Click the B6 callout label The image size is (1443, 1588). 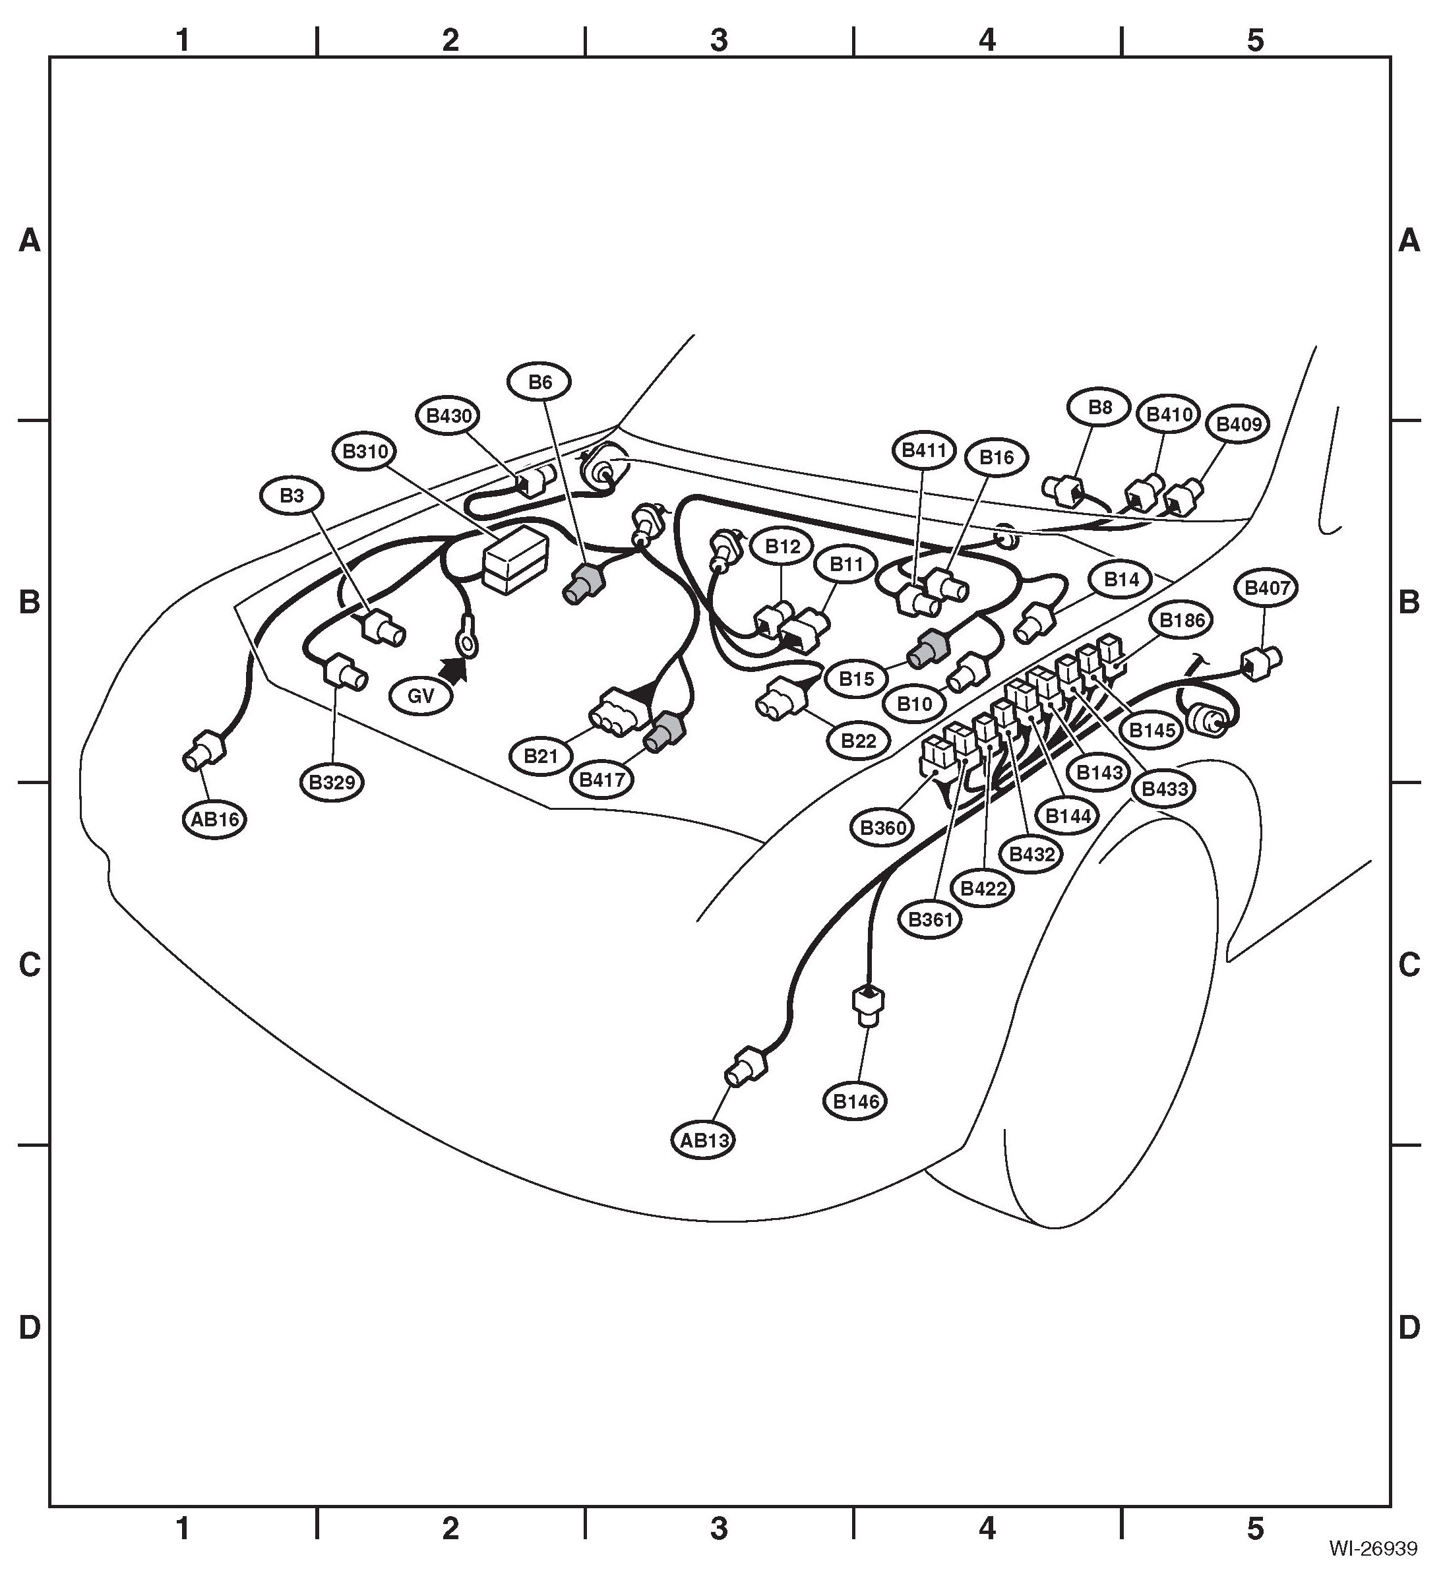click(x=539, y=382)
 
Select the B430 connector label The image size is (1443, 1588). click(x=449, y=415)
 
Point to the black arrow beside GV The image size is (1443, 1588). click(x=453, y=669)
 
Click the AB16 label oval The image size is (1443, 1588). click(x=215, y=820)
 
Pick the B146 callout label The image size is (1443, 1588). click(x=856, y=1101)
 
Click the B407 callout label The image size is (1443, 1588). click(x=1266, y=588)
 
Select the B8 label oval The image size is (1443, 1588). click(x=1099, y=408)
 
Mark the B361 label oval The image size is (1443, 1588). click(x=930, y=919)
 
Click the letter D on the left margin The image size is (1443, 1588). click(x=29, y=1328)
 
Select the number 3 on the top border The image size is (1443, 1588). click(x=718, y=40)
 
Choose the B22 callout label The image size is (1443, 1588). click(x=859, y=741)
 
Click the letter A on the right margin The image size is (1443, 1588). click(x=1409, y=239)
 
